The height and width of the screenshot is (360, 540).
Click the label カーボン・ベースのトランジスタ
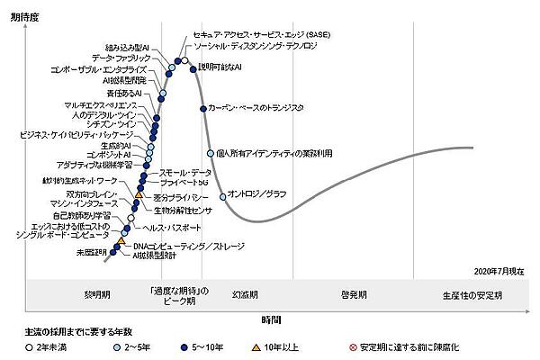255,108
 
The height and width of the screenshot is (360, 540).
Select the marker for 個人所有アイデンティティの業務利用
210,153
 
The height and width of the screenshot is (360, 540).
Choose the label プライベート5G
185,183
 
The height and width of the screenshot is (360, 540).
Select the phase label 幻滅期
245,294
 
